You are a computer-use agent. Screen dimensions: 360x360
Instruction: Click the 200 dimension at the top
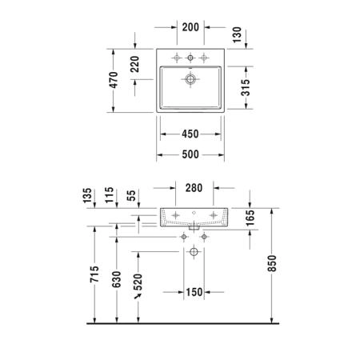click(x=190, y=27)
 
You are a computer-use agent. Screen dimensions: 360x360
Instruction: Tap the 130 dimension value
click(x=237, y=34)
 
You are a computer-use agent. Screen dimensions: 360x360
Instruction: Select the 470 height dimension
click(x=114, y=80)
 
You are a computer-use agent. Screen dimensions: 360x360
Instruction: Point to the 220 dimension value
click(x=135, y=64)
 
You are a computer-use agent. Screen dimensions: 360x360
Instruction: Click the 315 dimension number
click(x=246, y=87)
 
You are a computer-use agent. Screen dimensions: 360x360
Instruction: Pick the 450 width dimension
click(x=190, y=134)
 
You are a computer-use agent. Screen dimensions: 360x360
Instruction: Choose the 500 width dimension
click(x=190, y=154)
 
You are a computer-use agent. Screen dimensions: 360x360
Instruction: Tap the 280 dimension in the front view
click(x=194, y=188)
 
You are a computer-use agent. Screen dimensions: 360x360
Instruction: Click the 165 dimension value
click(x=250, y=218)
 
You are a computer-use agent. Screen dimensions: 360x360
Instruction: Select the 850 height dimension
click(x=272, y=263)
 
